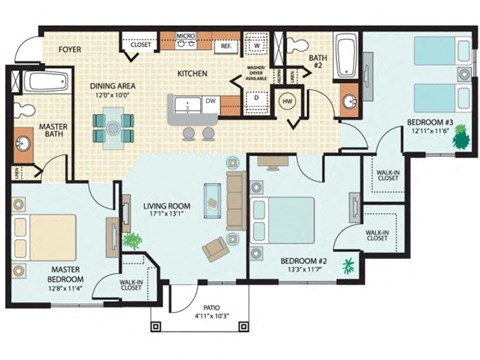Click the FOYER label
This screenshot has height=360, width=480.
tap(69, 47)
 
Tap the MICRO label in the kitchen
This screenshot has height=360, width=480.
tap(185, 36)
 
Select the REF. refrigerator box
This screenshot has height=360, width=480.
tap(226, 46)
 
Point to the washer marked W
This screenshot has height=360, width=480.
tap(255, 46)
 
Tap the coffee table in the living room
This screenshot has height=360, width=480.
tap(212, 199)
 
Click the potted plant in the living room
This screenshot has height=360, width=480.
tap(131, 241)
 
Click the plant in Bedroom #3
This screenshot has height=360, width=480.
tap(460, 138)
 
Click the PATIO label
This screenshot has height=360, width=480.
tap(196, 308)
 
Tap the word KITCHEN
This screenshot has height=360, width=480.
tap(192, 73)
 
